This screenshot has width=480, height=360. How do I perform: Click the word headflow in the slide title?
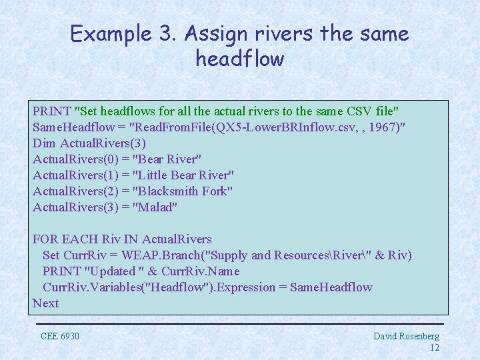point(240,59)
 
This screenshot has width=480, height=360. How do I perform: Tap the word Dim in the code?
point(44,143)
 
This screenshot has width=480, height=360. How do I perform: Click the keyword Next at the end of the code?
point(46,303)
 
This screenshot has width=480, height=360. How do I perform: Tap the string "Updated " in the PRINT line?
point(110,271)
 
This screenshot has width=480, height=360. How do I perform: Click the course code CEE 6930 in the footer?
point(60,336)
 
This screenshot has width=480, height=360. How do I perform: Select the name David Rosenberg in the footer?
point(406,336)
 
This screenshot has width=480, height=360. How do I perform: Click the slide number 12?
point(434,347)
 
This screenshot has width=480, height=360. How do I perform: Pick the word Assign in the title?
point(213,33)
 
